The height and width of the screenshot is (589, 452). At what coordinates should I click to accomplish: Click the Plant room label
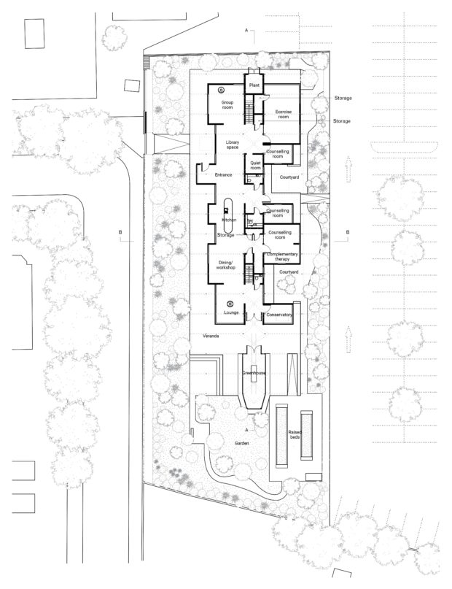254,85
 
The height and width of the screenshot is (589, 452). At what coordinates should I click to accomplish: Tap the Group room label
227,105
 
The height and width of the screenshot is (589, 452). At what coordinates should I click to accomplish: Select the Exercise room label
283,114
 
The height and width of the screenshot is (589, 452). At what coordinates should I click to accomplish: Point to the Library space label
233,145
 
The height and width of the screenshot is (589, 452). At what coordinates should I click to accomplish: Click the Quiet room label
255,165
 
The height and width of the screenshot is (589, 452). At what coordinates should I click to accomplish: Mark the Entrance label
224,174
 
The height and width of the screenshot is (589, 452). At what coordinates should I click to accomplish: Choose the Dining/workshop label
226,265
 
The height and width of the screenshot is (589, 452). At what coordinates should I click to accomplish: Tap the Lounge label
231,312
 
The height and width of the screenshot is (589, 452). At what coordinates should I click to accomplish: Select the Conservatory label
279,315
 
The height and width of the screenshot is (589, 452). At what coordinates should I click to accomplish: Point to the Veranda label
211,336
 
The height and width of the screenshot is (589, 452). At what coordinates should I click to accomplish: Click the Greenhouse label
254,373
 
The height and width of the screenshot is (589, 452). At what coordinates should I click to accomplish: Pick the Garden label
242,443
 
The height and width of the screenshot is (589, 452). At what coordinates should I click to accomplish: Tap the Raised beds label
295,434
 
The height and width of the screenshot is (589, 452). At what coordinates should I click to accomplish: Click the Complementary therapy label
282,257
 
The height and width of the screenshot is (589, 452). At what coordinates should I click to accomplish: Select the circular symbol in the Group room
222,91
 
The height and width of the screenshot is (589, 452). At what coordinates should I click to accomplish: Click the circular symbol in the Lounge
230,304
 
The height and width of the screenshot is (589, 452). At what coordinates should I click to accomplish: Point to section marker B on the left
120,232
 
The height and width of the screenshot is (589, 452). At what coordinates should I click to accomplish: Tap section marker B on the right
348,232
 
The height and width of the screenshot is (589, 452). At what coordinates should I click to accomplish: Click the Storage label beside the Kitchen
226,235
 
